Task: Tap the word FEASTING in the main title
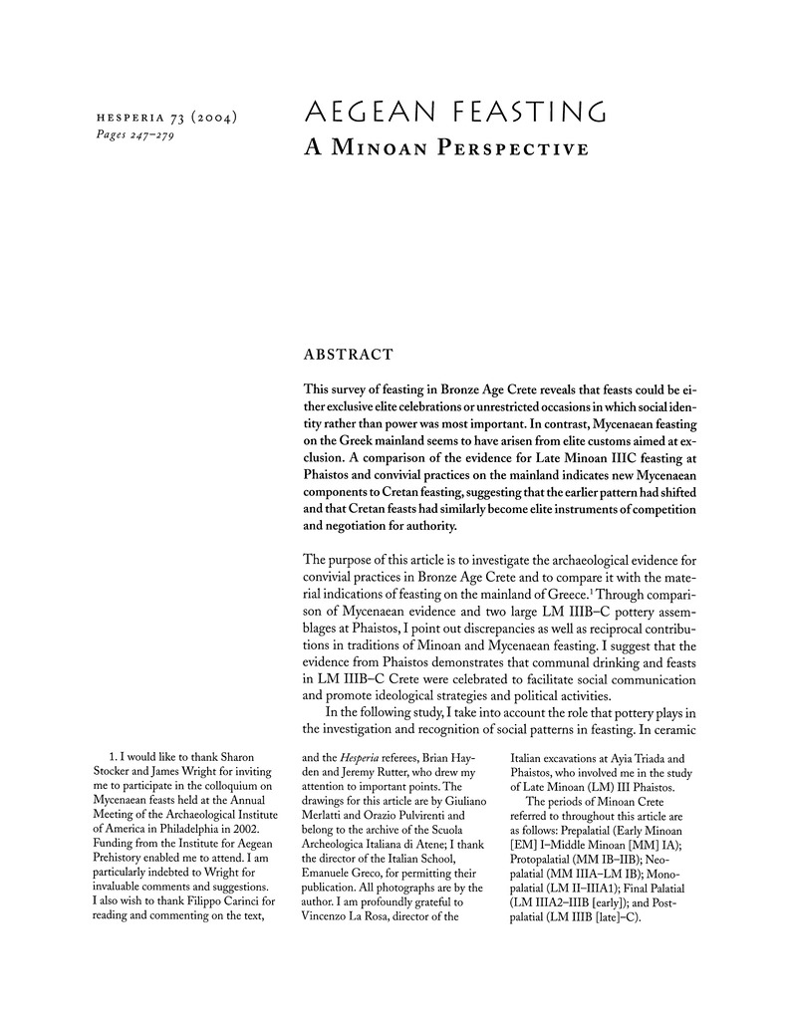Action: tap(525, 112)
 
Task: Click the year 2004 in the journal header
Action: tap(211, 119)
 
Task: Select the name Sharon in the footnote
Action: tap(239, 757)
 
